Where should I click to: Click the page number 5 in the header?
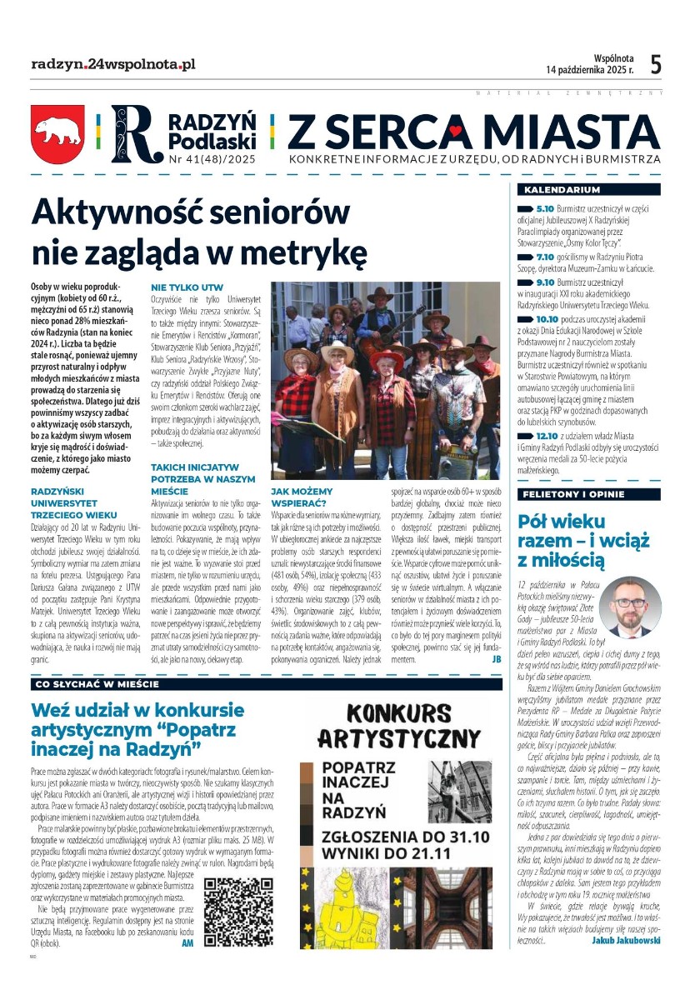656,64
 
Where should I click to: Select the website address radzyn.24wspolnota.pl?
112,63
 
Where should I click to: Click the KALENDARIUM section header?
549,189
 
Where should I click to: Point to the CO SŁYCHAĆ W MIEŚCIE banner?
97,684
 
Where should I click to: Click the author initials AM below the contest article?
187,944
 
